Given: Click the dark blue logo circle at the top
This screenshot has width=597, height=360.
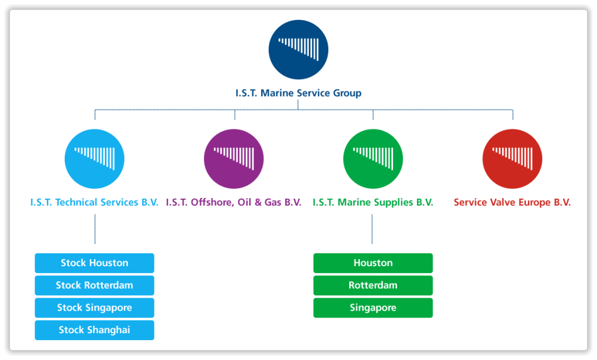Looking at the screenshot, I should (x=298, y=50).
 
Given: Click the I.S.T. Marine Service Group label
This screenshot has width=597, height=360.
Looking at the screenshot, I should (x=298, y=93).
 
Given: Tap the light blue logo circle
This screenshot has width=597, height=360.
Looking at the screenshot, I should (x=94, y=159).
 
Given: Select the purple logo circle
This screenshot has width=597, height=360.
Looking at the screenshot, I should (x=233, y=159).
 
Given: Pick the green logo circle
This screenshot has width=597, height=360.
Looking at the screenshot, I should (x=373, y=159).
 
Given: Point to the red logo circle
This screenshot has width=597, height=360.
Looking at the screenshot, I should (x=512, y=159).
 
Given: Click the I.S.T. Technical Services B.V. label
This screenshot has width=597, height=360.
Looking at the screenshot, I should (x=94, y=203).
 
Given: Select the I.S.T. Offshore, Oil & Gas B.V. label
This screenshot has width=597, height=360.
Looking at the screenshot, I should (x=233, y=203).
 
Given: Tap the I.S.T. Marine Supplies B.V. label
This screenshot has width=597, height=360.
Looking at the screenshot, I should (x=373, y=203).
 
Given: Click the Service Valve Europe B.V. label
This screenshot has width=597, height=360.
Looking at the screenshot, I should (x=512, y=203).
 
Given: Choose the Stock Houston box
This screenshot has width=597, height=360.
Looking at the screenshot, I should (x=94, y=263).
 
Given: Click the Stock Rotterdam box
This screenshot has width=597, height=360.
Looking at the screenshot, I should (x=94, y=285).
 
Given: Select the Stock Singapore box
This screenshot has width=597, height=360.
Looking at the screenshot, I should (x=94, y=308).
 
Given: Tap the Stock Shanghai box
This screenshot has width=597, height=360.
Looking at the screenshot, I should (x=94, y=330).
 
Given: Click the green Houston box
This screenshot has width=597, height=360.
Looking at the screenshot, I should (x=373, y=263).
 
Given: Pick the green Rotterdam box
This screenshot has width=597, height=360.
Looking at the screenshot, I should (x=373, y=285).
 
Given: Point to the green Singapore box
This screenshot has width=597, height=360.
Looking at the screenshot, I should (x=373, y=308).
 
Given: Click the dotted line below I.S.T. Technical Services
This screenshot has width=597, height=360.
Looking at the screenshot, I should (x=94, y=229).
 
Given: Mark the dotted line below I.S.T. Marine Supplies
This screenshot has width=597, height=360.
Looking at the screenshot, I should (x=373, y=229).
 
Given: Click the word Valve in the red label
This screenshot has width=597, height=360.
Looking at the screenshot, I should (x=503, y=203).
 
